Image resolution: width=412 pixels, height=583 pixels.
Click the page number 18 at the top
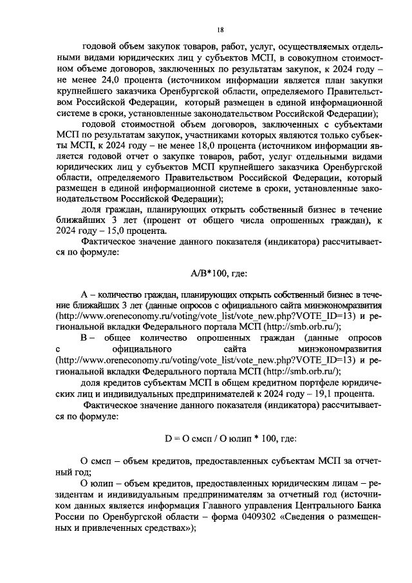coord(220,30)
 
